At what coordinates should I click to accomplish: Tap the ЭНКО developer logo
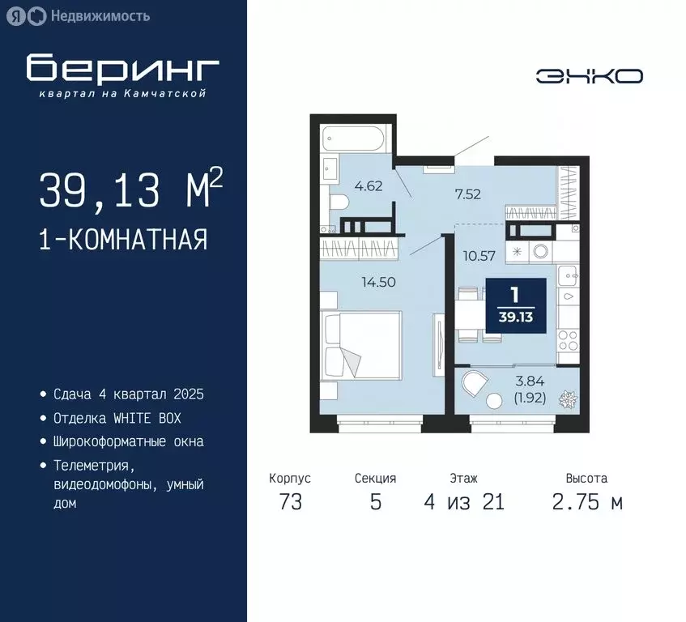(x=590, y=76)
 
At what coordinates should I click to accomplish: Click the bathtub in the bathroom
(x=355, y=138)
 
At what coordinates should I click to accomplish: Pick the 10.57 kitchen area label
(x=478, y=258)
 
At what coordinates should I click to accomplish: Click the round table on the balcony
(x=492, y=400)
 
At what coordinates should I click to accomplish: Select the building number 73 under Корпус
(x=290, y=502)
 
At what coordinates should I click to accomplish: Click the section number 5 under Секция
(x=375, y=502)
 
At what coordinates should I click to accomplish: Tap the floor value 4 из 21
(x=463, y=502)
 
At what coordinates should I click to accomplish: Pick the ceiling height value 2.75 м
(x=586, y=502)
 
